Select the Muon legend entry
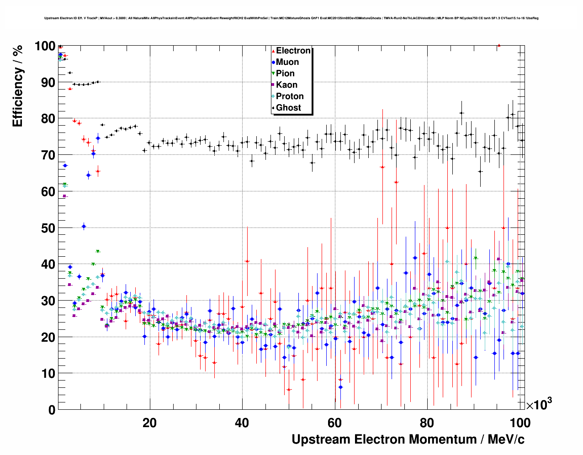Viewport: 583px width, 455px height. (287, 62)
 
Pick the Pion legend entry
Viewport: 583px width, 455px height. (285, 74)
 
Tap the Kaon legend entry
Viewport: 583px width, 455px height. (286, 85)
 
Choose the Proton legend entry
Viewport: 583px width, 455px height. (290, 96)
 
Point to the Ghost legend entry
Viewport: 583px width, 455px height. (288, 108)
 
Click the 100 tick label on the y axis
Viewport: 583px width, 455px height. (45, 46)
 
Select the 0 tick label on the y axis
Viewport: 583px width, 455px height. (52, 410)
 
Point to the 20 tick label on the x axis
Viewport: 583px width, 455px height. (149, 423)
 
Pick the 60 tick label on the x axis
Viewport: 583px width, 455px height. (334, 423)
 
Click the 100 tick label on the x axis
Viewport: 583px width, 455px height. (519, 423)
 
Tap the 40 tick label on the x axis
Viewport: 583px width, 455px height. (242, 423)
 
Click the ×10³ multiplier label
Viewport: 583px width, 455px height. (539, 404)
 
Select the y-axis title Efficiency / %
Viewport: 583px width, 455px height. (17, 87)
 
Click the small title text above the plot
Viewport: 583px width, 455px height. (291, 18)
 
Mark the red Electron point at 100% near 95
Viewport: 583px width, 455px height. (499, 45)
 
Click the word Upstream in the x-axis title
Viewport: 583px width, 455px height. (321, 439)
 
